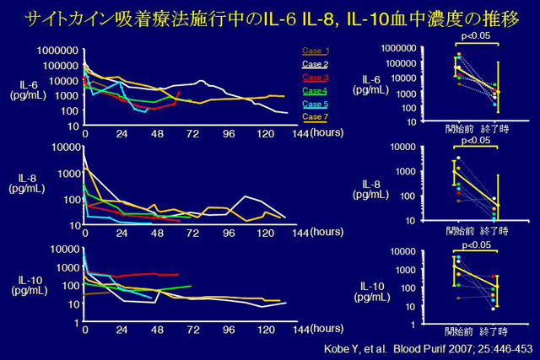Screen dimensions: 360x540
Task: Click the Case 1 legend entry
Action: (x=316, y=51)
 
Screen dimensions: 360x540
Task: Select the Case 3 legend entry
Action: (x=316, y=77)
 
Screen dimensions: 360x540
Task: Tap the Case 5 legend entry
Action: (x=316, y=103)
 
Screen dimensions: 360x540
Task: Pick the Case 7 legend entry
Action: (x=316, y=116)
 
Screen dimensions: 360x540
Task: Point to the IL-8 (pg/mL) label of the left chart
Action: (x=30, y=185)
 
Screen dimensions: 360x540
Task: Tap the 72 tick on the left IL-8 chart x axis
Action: (x=193, y=233)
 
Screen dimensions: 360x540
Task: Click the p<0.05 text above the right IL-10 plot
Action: (x=476, y=245)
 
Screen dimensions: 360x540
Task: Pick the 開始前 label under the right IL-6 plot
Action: (x=460, y=129)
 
